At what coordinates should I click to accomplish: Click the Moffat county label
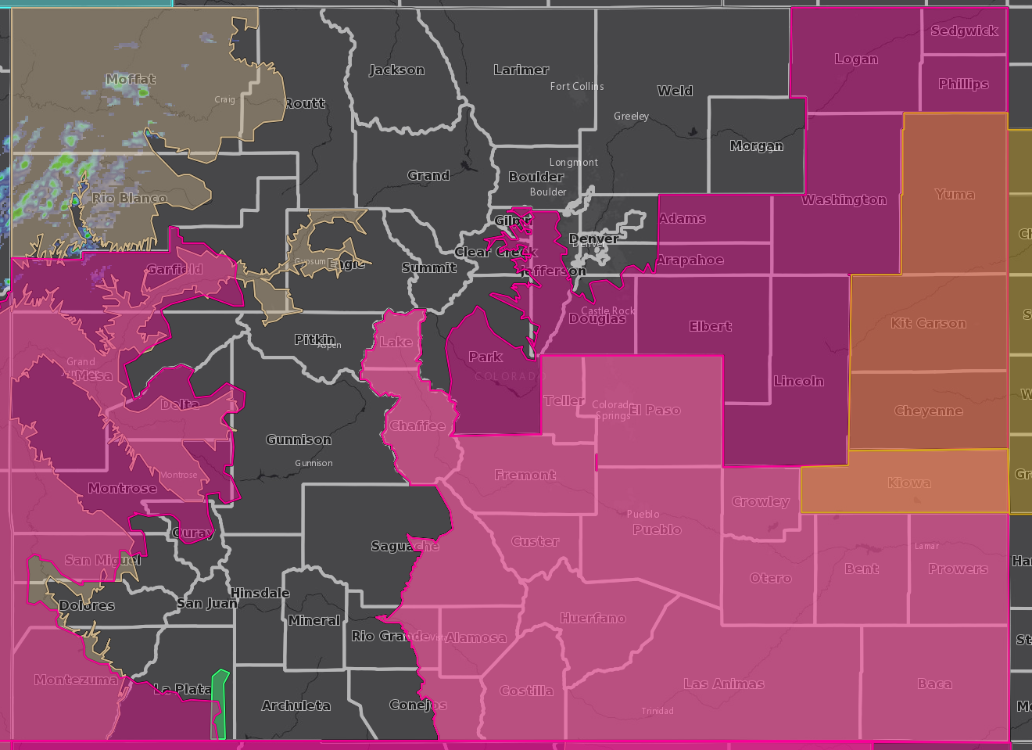point(131,79)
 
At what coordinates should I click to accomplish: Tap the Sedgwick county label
point(964,31)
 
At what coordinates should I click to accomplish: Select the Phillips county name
point(963,84)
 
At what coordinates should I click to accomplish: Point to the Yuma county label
point(955,194)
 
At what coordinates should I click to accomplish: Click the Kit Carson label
point(928,323)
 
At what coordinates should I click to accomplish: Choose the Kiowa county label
point(908,483)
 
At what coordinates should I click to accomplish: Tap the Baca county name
point(934,684)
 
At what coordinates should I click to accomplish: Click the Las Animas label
point(723,684)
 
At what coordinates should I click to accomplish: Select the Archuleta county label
point(296,705)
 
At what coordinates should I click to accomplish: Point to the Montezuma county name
point(76,680)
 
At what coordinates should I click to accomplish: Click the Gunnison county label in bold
point(299,440)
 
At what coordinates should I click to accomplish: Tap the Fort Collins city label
point(577,86)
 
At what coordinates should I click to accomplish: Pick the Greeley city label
point(631,116)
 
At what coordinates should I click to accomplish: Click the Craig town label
point(224,99)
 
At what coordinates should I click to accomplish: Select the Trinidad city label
point(657,711)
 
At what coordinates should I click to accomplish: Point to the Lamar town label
point(926,546)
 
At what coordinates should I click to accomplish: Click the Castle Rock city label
point(607,310)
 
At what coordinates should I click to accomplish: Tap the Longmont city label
point(573,162)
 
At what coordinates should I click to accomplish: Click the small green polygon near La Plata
point(219,704)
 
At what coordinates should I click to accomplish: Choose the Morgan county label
point(756,145)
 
